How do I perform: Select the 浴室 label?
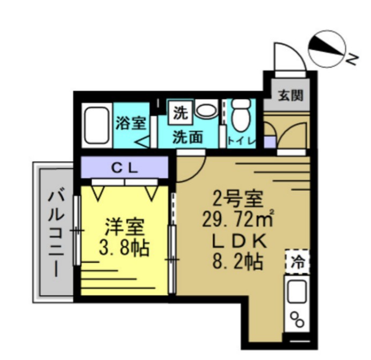click(x=131, y=123)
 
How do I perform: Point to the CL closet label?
click(x=125, y=167)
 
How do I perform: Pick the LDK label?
click(x=236, y=241)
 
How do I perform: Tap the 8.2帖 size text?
click(x=236, y=261)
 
